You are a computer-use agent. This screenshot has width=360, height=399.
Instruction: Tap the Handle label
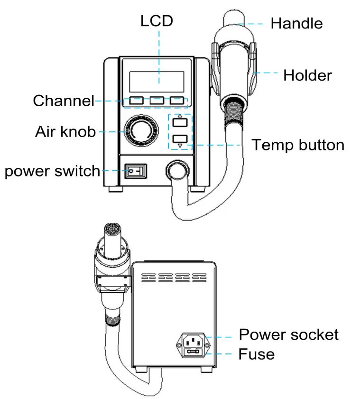click(x=296, y=23)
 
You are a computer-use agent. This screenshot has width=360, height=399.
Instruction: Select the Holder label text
click(x=307, y=75)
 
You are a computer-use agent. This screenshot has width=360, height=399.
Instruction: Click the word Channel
click(x=63, y=101)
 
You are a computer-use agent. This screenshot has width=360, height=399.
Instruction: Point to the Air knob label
click(x=65, y=131)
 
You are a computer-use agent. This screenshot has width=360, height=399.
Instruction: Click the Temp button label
click(x=297, y=144)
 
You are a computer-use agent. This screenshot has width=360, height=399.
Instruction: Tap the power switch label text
click(x=52, y=171)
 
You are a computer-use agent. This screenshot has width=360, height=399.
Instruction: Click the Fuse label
click(x=256, y=354)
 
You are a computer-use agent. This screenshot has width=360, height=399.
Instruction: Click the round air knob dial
click(x=139, y=130)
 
